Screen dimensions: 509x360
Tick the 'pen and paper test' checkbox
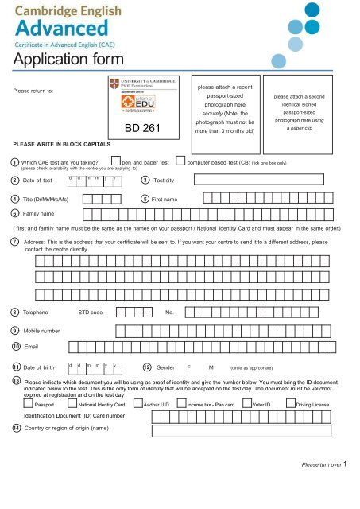pos(117,161)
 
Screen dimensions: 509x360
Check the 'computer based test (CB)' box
pos(180,161)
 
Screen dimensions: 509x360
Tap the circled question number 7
pos(15,239)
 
